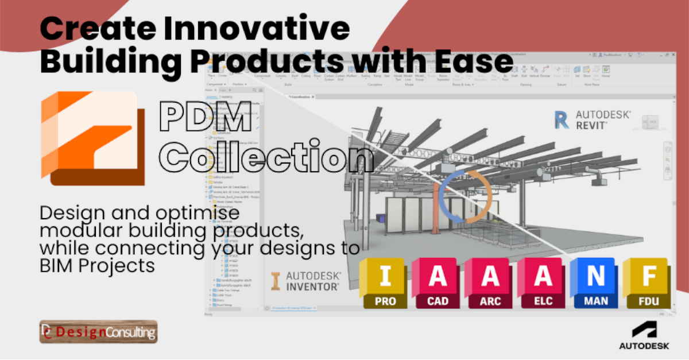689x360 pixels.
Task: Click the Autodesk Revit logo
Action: click(x=592, y=119)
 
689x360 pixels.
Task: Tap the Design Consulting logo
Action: click(x=98, y=331)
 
